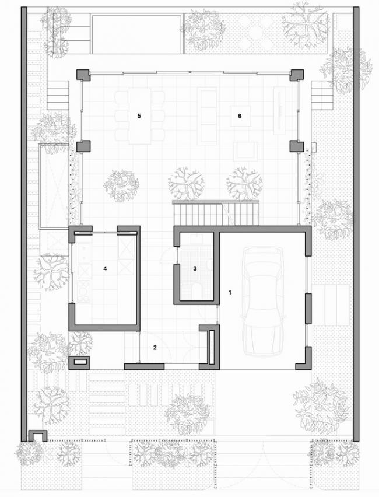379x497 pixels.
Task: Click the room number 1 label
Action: pos(230,291)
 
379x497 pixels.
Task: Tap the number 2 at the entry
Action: pos(155,348)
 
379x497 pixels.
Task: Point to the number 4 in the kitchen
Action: pos(105,268)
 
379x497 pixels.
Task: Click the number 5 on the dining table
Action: pos(139,116)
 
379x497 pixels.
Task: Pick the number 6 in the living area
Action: pos(239,116)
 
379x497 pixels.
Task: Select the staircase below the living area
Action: pos(216,213)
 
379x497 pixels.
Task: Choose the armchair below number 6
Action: pos(245,150)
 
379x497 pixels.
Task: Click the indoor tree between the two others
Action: pos(187,184)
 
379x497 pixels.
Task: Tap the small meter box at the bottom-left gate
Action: pos(38,435)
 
